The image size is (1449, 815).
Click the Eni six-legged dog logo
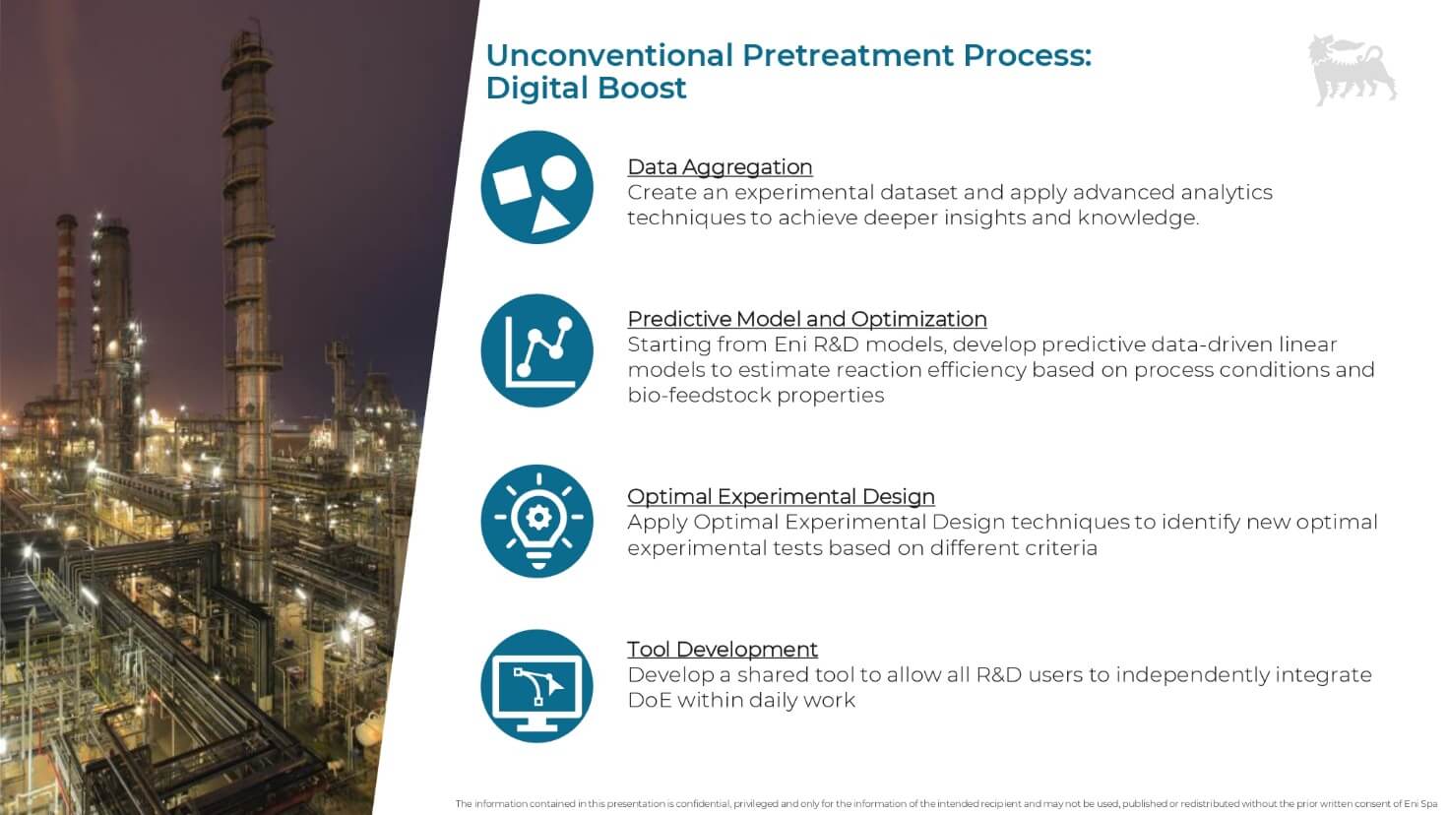click(x=1352, y=70)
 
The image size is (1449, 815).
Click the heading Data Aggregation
click(x=720, y=167)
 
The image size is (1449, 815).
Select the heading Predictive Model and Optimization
click(x=807, y=319)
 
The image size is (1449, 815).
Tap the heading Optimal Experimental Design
click(x=781, y=496)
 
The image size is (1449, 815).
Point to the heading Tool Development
click(x=723, y=649)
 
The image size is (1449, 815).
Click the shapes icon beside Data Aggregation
click(x=536, y=188)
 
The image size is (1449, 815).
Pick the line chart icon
click(x=536, y=350)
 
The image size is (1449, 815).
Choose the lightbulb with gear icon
click(x=536, y=521)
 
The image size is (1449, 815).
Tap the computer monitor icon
click(x=536, y=686)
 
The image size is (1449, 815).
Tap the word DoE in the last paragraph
click(x=649, y=700)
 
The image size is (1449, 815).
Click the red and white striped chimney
click(x=65, y=304)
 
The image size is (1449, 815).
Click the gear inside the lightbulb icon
click(x=538, y=517)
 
